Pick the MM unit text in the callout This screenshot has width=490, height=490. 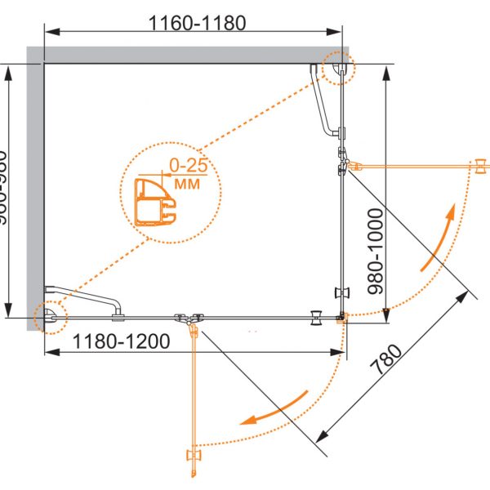point(187,184)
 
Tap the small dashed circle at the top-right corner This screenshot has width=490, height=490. point(338,69)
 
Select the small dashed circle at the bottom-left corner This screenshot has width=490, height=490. point(50,316)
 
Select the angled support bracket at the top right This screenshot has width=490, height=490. point(326,102)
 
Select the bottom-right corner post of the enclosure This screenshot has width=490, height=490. point(341,318)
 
